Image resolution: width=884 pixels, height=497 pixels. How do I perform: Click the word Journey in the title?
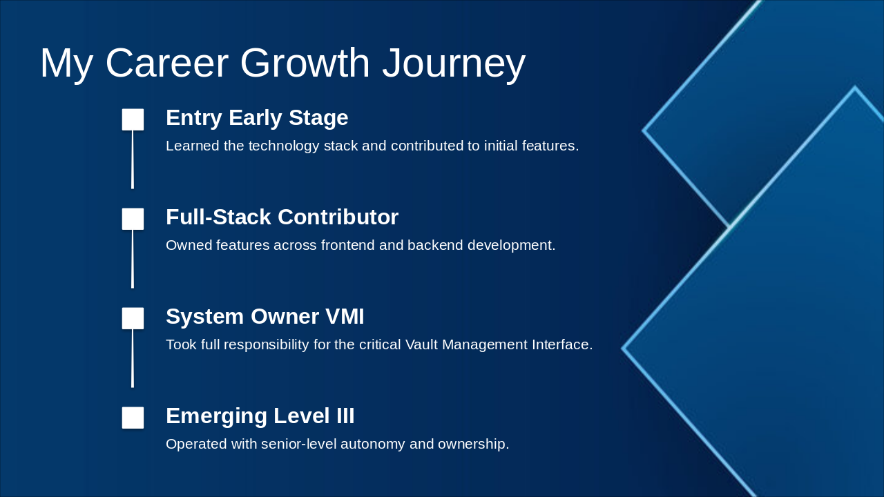click(454, 64)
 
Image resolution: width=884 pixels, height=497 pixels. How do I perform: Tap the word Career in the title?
click(167, 63)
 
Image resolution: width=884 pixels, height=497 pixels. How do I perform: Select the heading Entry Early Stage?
click(257, 118)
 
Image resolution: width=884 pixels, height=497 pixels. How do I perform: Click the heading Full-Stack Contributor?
click(282, 217)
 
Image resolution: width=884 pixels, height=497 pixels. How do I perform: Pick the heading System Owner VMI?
click(265, 316)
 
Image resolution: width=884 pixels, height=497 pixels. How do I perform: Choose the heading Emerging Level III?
click(260, 416)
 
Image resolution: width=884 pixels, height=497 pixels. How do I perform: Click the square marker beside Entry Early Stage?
click(133, 119)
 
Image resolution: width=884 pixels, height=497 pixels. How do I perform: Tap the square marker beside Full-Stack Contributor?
click(133, 219)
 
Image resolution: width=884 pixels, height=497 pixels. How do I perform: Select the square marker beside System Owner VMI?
click(133, 318)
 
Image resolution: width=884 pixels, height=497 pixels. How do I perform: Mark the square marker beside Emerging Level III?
click(133, 418)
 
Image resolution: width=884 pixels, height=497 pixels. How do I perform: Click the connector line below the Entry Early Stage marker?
click(133, 159)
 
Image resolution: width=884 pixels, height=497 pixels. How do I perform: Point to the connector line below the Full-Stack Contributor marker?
click(133, 259)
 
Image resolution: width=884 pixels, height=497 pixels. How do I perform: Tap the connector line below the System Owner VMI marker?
click(133, 358)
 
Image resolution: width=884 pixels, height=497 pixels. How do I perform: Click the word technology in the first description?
click(284, 146)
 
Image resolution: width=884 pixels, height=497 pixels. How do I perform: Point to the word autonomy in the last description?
click(372, 445)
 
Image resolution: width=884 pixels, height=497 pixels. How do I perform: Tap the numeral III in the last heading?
click(345, 416)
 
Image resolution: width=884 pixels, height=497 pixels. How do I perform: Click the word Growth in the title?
click(305, 63)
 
